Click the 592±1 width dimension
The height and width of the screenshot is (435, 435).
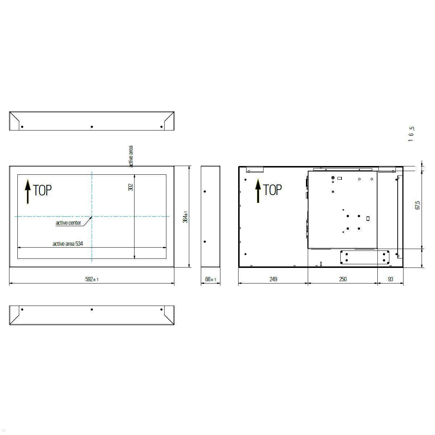(92, 279)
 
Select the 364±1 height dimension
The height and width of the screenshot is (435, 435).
(185, 217)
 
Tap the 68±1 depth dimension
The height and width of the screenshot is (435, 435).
(211, 279)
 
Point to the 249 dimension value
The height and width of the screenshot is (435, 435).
(273, 279)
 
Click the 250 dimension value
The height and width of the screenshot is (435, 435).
(343, 279)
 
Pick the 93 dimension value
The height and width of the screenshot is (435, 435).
(390, 279)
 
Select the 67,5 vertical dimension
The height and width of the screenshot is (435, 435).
(418, 205)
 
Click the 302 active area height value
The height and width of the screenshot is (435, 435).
(131, 187)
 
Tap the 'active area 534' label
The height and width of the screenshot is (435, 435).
(68, 244)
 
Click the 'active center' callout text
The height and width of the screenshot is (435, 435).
(68, 223)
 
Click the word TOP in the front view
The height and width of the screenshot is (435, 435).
(42, 190)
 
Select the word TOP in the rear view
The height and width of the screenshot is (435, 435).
(272, 190)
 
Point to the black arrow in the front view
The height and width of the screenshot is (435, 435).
(28, 192)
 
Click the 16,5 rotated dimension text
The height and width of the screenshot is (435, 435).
(411, 134)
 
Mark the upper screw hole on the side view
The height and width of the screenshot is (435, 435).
(205, 191)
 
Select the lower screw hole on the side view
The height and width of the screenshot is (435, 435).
(205, 242)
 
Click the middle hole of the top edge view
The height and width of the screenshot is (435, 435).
(92, 127)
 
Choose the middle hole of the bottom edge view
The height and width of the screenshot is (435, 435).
(92, 310)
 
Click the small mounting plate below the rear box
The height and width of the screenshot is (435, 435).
(365, 257)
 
